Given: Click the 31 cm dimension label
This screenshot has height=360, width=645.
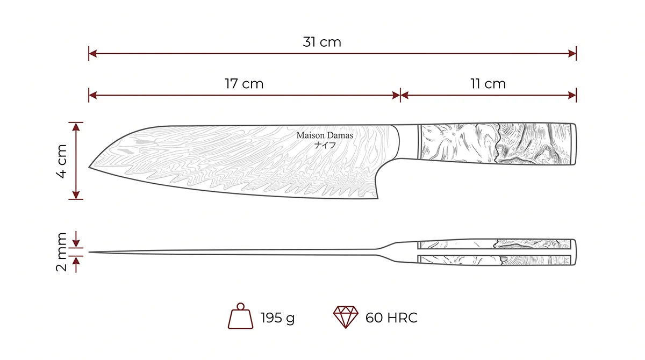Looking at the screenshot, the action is click(x=322, y=42).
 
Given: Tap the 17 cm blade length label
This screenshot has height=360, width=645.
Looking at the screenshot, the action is click(x=244, y=84).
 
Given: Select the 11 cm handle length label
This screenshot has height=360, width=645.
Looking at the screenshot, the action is click(x=488, y=84).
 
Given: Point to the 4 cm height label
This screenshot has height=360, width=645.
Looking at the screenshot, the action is click(x=62, y=161).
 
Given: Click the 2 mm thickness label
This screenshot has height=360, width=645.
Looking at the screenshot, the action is click(x=61, y=252).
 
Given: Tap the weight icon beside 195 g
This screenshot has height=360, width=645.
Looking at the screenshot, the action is click(x=240, y=316).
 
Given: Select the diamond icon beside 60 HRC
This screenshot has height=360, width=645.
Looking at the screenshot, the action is click(x=346, y=317).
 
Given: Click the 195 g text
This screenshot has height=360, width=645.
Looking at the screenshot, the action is click(x=277, y=318).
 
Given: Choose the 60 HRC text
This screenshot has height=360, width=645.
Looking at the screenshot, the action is click(x=391, y=318).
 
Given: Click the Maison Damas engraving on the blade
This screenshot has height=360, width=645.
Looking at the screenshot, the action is click(x=325, y=135).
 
